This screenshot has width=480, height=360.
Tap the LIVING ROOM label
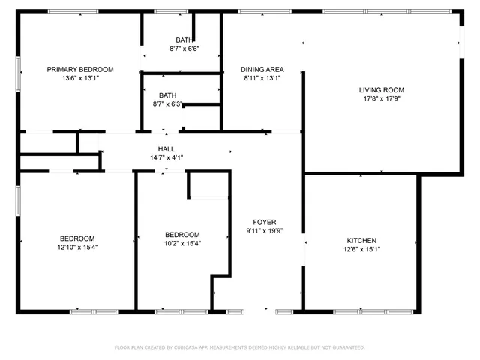[382, 90]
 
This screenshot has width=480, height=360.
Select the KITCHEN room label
[360, 241]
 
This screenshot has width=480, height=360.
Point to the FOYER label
[264, 222]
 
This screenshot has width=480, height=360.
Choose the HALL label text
[166, 149]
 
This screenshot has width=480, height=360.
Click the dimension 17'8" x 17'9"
[382, 98]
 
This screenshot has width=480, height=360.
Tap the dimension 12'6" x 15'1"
[360, 249]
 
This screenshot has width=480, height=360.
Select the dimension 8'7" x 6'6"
[184, 49]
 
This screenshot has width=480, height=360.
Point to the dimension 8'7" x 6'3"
[167, 103]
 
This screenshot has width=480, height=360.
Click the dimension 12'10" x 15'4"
[77, 247]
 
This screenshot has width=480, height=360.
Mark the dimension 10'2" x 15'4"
[182, 242]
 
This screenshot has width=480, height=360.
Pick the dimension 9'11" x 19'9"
[264, 230]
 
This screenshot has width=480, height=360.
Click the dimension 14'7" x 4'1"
[166, 157]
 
